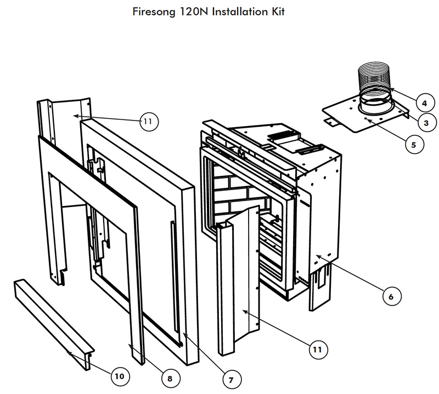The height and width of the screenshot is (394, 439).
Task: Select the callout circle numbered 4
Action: pos(422,102)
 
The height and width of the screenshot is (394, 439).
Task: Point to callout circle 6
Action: pos(391,296)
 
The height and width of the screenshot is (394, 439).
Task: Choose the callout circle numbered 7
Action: pos(231,379)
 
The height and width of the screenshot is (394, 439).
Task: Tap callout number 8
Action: pos(170,378)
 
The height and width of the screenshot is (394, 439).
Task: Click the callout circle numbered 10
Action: pos(119,376)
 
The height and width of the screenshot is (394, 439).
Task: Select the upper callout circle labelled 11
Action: pos(147,121)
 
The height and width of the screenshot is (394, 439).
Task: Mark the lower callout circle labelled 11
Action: pos(318,349)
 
